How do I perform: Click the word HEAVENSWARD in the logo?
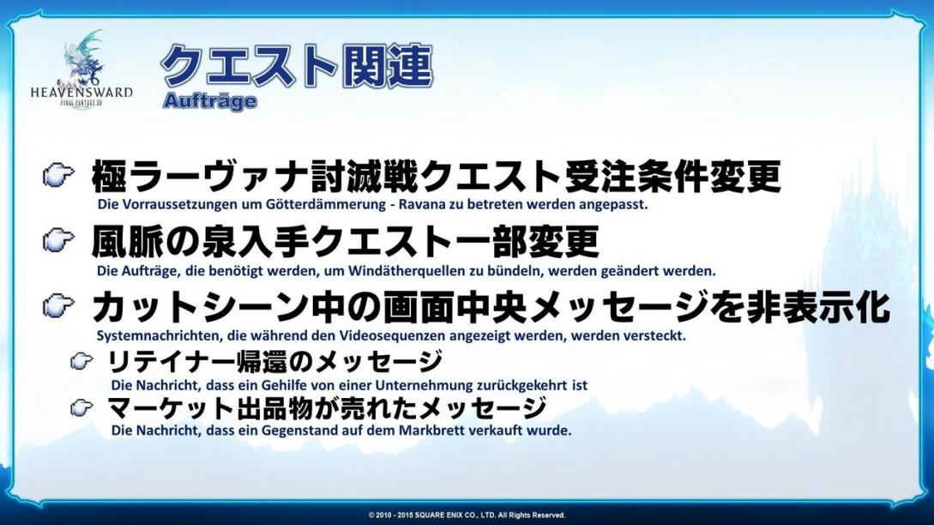tap(81, 93)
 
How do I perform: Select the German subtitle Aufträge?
tap(209, 101)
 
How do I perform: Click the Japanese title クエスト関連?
tap(297, 65)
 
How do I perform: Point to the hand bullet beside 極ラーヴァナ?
tap(58, 176)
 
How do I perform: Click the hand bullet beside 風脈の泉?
tap(58, 241)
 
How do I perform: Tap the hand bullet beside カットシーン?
tap(58, 305)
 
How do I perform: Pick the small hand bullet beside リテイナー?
tap(81, 360)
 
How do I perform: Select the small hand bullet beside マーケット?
tap(81, 407)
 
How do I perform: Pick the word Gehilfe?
tap(284, 385)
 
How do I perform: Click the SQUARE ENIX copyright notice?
tap(467, 515)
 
